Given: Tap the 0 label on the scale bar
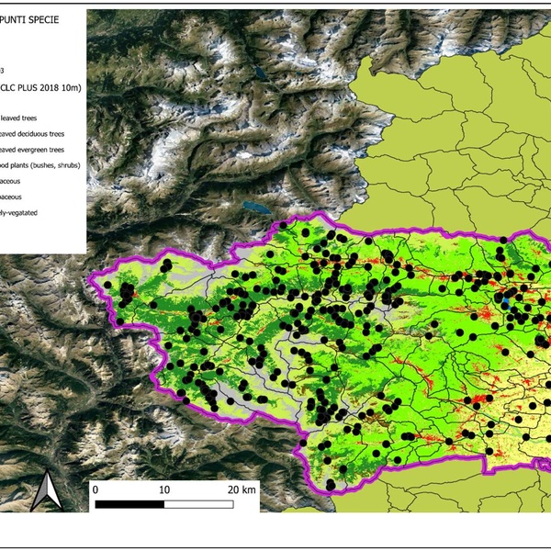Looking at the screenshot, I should coord(96,489).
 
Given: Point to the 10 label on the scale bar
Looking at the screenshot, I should coord(164,489).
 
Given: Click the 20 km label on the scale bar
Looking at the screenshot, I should coord(242,489).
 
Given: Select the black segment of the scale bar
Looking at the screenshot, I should coord(129,504).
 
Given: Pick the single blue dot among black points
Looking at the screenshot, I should coord(505,300).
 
